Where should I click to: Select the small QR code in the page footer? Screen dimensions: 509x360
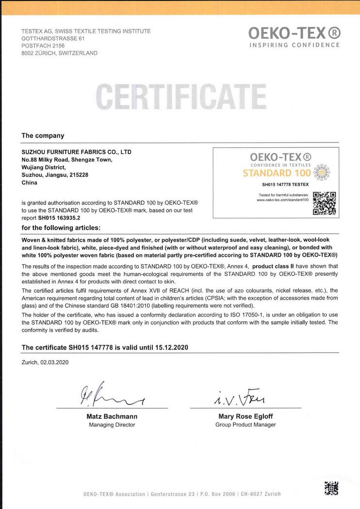[x=331, y=488]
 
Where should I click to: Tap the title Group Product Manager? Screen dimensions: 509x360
[x=245, y=425]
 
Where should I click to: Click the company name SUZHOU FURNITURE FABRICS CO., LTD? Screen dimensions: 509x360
[x=76, y=152]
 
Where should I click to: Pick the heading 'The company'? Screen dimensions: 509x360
[x=43, y=136]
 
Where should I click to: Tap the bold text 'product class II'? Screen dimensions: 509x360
[x=275, y=266]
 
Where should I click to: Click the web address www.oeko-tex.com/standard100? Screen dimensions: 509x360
[x=282, y=200]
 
